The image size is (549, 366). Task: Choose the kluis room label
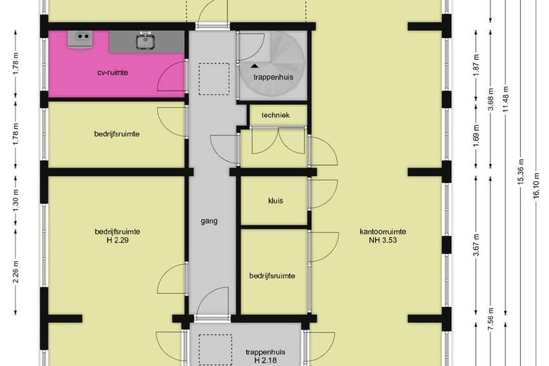point(275,201)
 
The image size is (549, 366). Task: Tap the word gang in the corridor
point(208,220)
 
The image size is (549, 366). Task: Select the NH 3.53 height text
point(382,241)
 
